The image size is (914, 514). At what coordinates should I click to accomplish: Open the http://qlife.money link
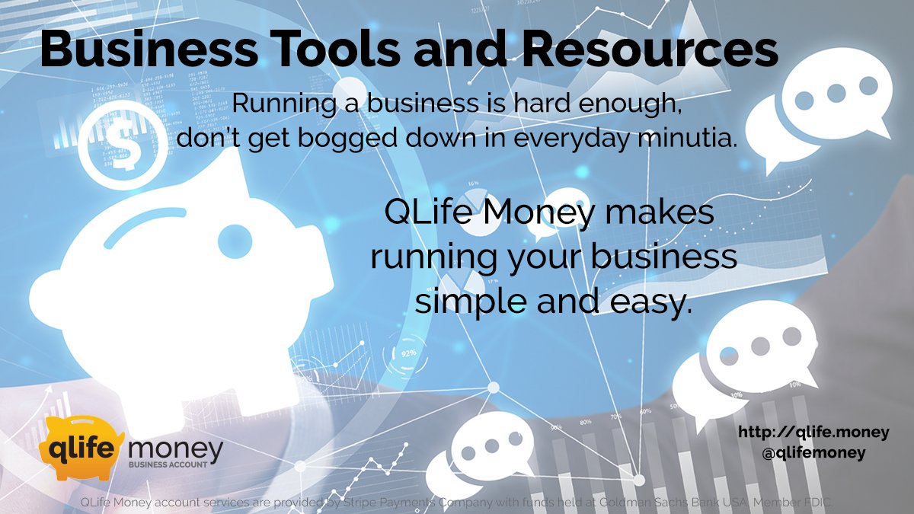pos(813,433)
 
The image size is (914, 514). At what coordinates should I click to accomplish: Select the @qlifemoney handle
pos(813,452)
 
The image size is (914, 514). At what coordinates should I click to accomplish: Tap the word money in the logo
pos(176,449)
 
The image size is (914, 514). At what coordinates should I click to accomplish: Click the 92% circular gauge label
pos(408,353)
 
